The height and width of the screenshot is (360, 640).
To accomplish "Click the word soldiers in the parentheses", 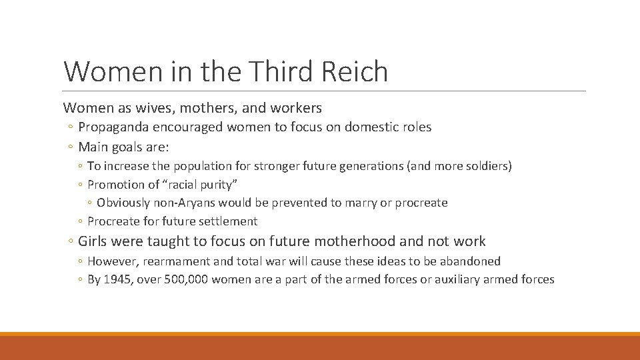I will pyautogui.click(x=486, y=166).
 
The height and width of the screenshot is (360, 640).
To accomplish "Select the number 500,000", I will pyautogui.click(x=183, y=280).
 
